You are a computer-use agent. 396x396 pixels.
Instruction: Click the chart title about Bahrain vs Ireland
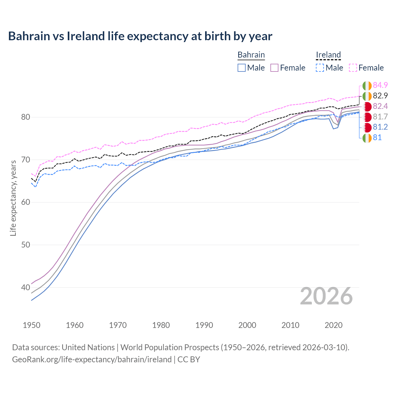[x=140, y=36]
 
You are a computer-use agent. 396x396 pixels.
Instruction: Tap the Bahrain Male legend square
[x=242, y=68]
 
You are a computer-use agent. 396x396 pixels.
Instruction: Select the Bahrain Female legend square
[x=274, y=68]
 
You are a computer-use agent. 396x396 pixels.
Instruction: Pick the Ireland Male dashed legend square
[x=320, y=68]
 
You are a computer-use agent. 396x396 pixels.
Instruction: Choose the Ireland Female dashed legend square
[x=353, y=68]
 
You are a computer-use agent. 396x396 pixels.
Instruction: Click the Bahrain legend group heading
[x=251, y=55]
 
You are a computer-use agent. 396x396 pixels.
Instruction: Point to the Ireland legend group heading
[x=328, y=55]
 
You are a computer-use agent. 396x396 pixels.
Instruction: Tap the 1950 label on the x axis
[x=32, y=325]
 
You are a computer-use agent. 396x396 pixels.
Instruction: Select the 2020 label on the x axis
[x=334, y=325]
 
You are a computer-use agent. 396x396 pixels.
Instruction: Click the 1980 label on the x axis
[x=161, y=325]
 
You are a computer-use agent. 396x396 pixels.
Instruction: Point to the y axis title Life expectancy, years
[x=13, y=198]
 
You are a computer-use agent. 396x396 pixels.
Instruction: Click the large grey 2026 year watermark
[x=326, y=296]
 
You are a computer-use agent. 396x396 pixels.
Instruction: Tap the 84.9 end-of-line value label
[x=380, y=85]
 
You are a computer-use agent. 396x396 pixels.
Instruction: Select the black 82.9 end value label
[x=380, y=96]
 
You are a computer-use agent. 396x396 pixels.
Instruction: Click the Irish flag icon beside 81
[x=367, y=138]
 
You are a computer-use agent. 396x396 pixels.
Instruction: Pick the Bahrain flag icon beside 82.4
[x=367, y=106]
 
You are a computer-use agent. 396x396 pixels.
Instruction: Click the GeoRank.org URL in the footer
[x=92, y=359]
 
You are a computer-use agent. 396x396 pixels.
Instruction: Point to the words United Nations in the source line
[x=88, y=347]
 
